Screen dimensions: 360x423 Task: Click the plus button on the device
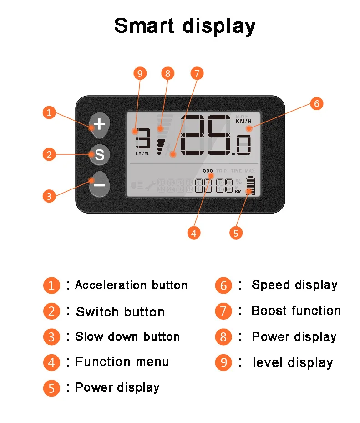[x=99, y=124]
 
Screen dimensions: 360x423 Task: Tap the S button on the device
[x=99, y=155]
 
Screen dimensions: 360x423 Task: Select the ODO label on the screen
[x=208, y=171]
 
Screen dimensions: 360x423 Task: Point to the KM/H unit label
[x=243, y=121]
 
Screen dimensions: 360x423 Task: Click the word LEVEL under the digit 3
[x=142, y=153]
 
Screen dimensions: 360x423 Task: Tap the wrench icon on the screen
[x=150, y=185]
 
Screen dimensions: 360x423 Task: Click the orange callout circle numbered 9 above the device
[x=140, y=73]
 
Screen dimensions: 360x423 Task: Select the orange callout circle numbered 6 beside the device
[x=317, y=103]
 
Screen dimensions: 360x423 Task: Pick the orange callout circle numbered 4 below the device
[x=194, y=233]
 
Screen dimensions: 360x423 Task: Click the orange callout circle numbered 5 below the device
[x=235, y=233]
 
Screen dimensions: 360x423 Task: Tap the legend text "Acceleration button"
[x=131, y=285]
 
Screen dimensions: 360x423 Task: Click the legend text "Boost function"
[x=296, y=311]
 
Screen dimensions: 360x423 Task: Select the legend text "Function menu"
[x=122, y=362]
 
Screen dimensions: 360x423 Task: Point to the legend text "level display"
[x=293, y=363]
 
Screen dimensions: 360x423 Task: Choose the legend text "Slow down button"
[x=127, y=337]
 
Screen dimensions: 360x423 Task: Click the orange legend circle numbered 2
[x=51, y=311]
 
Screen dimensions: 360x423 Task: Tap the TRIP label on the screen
[x=221, y=171]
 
